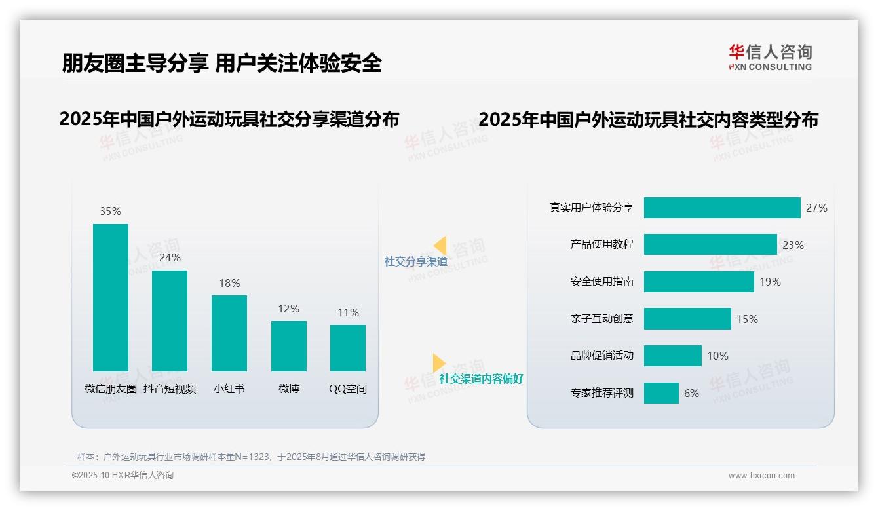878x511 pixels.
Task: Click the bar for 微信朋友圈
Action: tap(111, 297)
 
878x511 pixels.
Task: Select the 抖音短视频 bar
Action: tap(170, 321)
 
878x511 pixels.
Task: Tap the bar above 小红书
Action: tap(229, 333)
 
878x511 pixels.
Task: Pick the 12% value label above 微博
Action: tap(288, 309)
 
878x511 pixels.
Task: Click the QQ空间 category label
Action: tap(348, 388)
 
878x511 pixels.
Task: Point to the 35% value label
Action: tap(111, 212)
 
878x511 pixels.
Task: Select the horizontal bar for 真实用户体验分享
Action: tap(722, 208)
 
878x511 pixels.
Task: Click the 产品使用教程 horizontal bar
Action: tap(710, 244)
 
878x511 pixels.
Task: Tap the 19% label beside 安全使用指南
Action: tap(771, 282)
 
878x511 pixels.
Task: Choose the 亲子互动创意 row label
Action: tap(602, 319)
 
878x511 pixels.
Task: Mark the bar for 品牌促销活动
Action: tap(673, 356)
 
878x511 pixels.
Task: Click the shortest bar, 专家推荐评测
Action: tap(661, 393)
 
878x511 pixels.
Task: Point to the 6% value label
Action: tap(691, 393)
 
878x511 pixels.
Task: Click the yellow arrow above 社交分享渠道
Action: tap(440, 245)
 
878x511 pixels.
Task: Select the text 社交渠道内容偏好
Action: tap(482, 379)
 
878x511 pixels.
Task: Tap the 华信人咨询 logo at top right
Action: tap(771, 56)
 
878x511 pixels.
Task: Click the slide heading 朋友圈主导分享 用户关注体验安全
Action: tap(222, 63)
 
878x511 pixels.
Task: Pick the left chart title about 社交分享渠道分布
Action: tap(229, 119)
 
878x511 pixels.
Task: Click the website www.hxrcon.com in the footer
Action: tap(761, 476)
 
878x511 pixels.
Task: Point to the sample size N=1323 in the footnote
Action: tap(252, 457)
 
